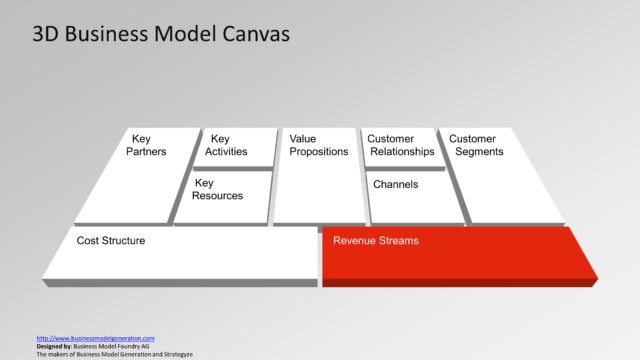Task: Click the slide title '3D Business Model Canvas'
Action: [x=161, y=35]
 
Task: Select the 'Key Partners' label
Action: [x=147, y=145]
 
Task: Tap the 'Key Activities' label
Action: [x=226, y=145]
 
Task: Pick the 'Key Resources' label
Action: [x=218, y=189]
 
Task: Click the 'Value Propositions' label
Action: [x=318, y=145]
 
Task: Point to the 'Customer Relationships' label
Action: [x=401, y=145]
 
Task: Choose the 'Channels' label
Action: [x=395, y=184]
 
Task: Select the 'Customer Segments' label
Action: [x=477, y=145]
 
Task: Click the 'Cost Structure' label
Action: [x=111, y=241]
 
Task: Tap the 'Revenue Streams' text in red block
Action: [x=376, y=241]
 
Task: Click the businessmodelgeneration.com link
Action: [x=95, y=338]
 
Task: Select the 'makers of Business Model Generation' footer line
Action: [x=114, y=354]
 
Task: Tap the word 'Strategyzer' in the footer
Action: [x=174, y=354]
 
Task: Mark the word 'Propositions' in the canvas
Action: [x=318, y=152]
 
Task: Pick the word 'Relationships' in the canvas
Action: [x=403, y=152]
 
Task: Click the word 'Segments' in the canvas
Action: [x=479, y=152]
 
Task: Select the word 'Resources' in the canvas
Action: [x=218, y=196]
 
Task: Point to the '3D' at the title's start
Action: [x=46, y=35]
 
